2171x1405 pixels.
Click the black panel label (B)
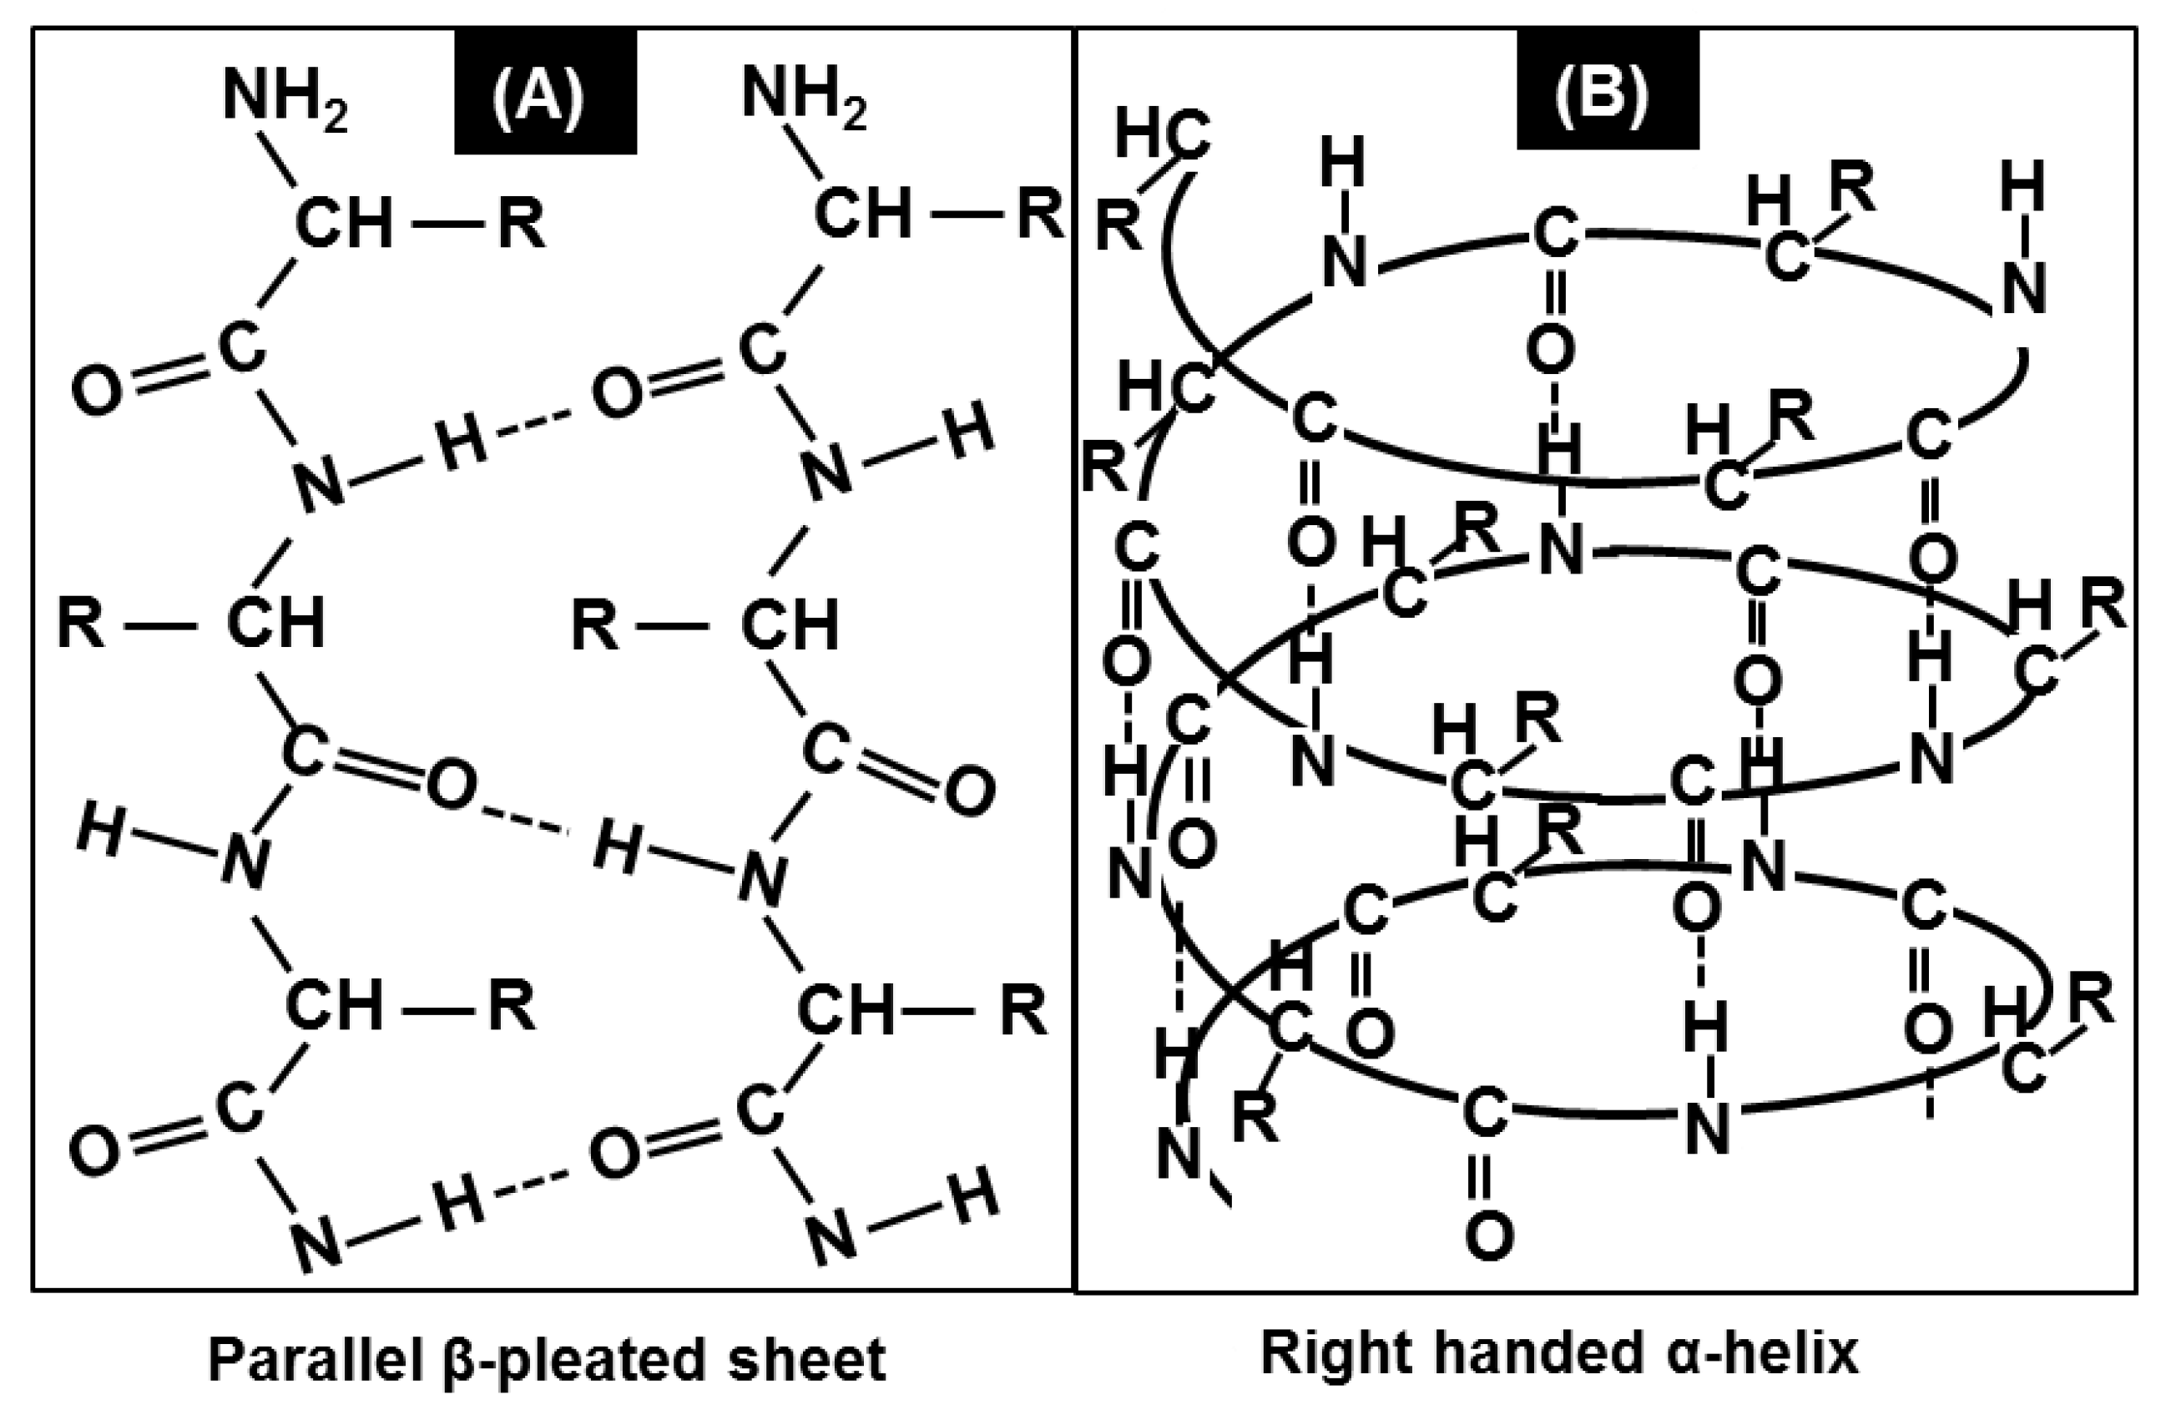point(1608,89)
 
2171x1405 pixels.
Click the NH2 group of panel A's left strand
point(285,97)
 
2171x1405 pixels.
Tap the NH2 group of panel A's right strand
point(804,97)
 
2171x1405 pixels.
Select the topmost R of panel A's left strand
point(522,224)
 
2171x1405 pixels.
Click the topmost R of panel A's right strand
point(1041,216)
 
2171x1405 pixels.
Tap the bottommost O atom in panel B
point(1490,1236)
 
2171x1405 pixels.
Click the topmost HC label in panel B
point(1162,139)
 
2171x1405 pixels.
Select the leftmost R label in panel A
point(80,625)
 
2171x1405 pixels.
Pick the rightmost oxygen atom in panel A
point(970,791)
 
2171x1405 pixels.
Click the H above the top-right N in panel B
point(2023,187)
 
